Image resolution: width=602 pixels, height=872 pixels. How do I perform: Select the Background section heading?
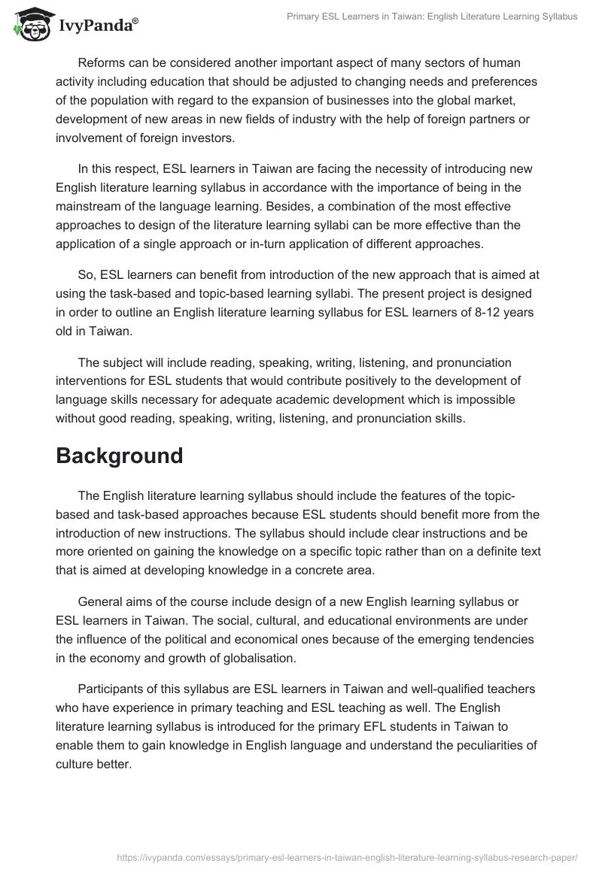pyautogui.click(x=119, y=456)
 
